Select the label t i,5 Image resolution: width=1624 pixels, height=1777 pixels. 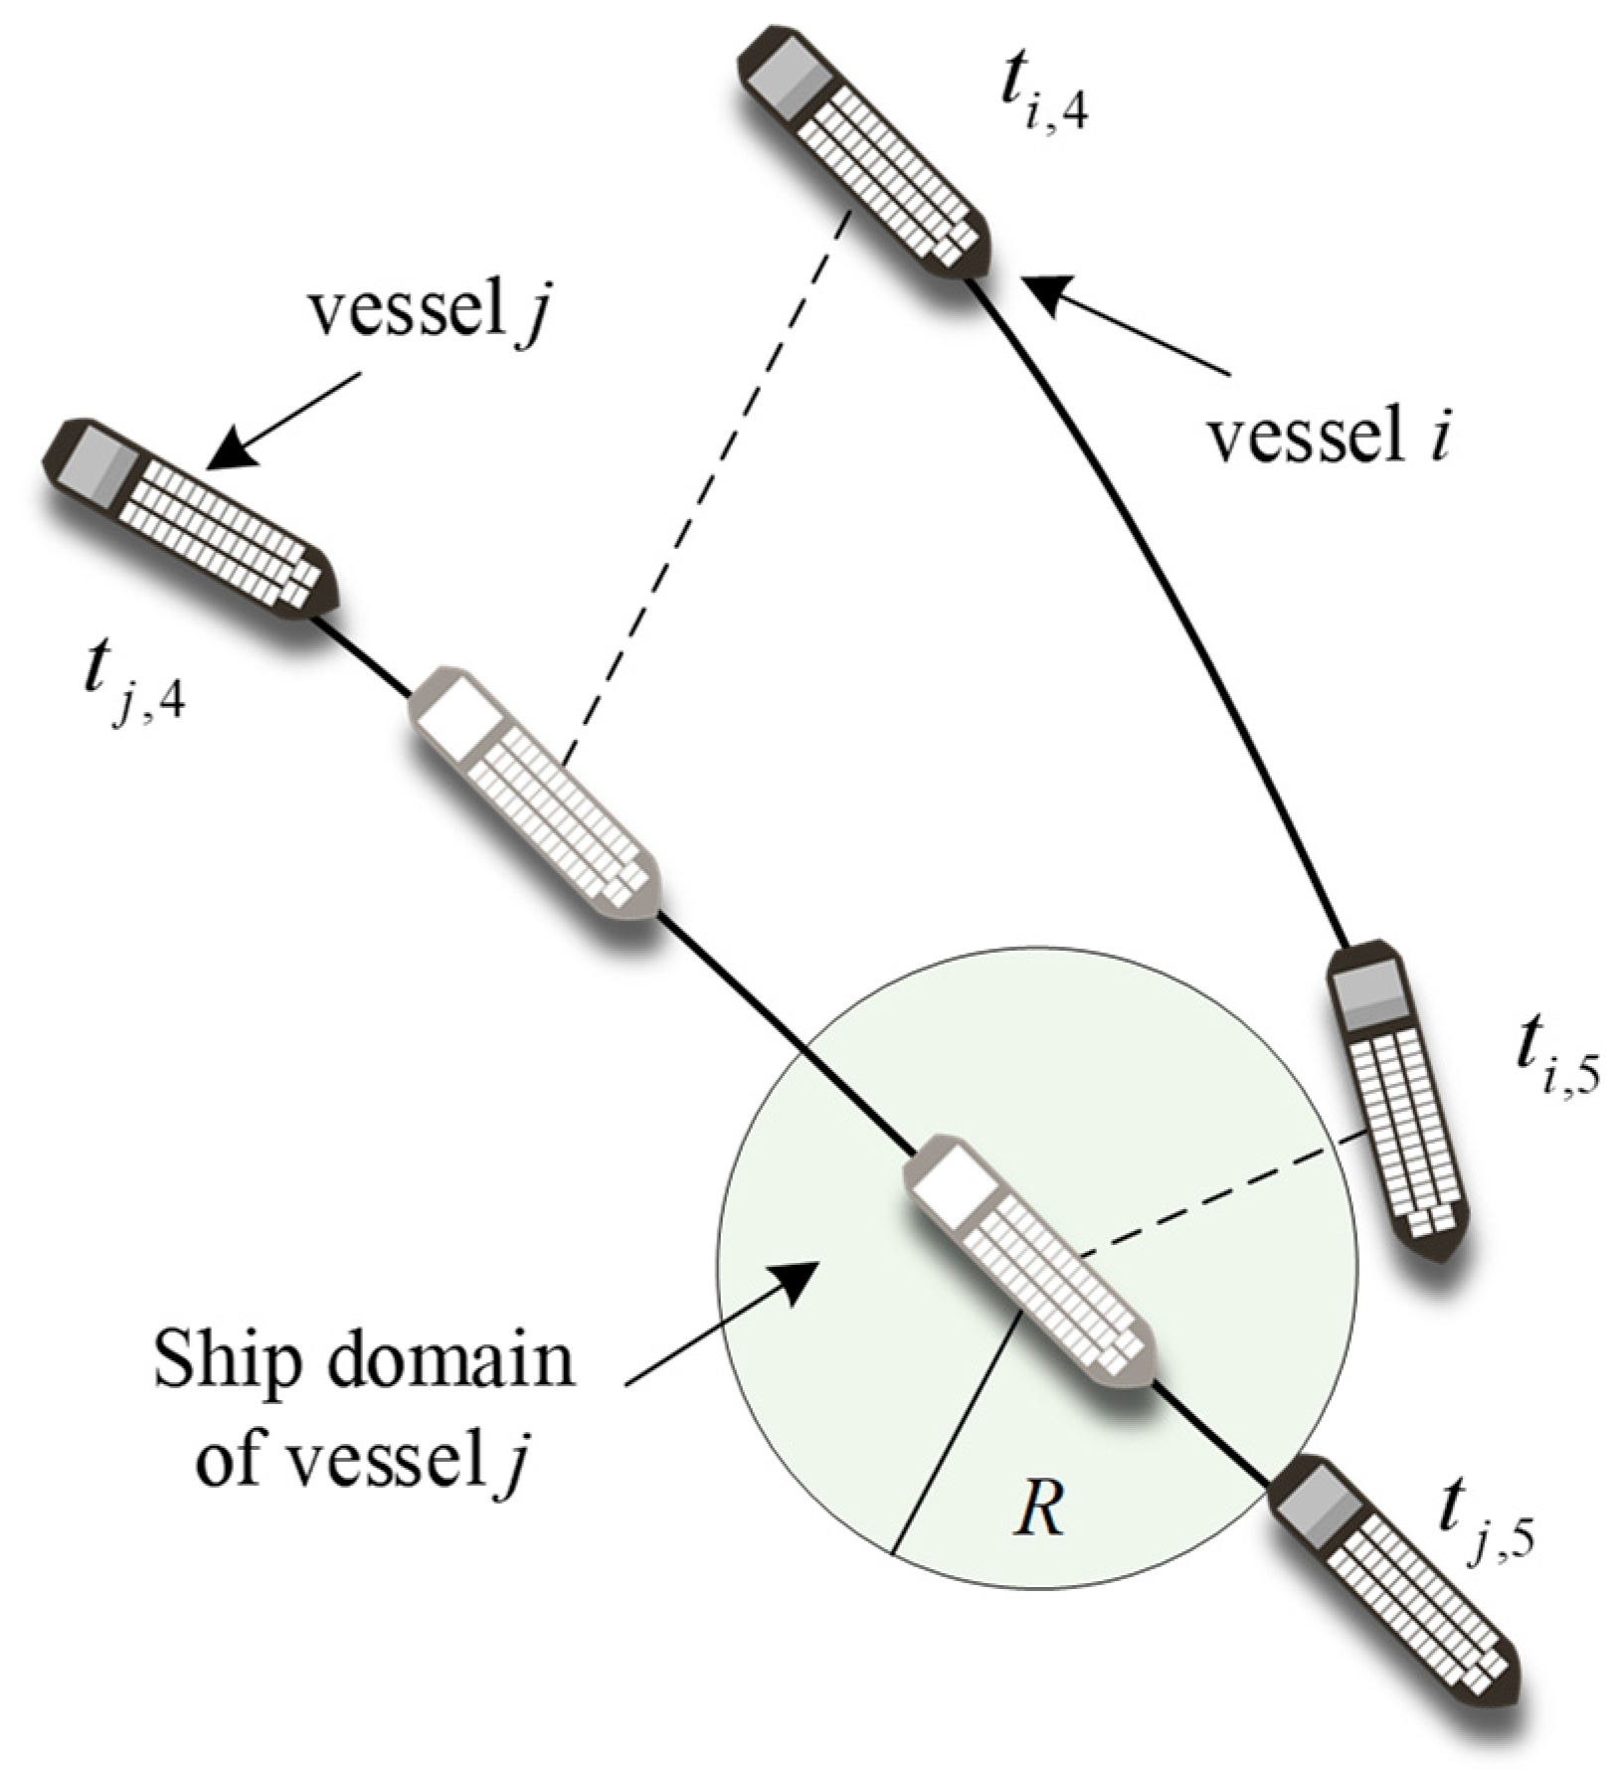click(x=1555, y=1064)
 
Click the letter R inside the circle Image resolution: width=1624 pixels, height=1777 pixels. click(x=1038, y=1512)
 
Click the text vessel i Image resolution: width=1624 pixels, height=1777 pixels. click(x=1327, y=437)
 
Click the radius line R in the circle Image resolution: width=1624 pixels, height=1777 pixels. click(x=956, y=1432)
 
